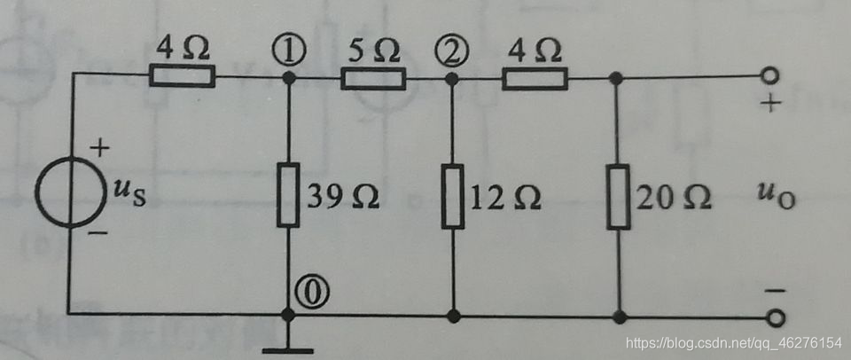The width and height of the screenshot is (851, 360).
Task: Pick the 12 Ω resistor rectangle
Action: point(453,196)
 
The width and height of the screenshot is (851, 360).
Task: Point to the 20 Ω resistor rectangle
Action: point(618,196)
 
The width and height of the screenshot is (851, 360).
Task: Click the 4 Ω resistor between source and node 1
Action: point(182,77)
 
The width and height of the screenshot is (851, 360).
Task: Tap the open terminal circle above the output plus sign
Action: point(778,77)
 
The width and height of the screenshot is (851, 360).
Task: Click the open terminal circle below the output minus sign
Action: point(778,317)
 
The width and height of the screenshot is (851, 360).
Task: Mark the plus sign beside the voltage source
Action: point(100,148)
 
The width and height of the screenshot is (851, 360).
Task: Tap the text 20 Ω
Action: point(674,198)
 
